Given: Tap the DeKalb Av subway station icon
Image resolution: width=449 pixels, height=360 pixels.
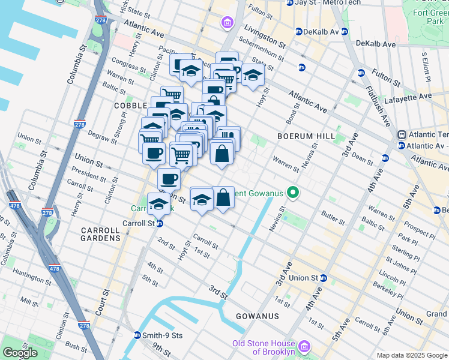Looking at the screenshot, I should coord(299,32).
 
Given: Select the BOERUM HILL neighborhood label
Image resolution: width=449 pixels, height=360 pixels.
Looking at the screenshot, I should coord(306,136).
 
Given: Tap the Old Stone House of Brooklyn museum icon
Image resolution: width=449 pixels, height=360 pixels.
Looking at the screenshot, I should coord(304,347).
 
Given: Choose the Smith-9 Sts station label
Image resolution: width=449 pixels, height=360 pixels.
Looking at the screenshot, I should coord(161,335).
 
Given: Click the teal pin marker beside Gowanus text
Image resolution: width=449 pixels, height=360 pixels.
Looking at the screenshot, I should coord(293,193).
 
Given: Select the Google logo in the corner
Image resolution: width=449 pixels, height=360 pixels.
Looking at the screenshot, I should coord(20,353).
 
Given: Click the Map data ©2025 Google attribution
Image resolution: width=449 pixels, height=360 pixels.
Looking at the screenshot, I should coord(411,355).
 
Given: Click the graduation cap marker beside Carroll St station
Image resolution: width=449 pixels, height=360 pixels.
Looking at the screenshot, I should coord(158,203).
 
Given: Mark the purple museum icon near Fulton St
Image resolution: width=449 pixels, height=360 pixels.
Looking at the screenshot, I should coord(228,23).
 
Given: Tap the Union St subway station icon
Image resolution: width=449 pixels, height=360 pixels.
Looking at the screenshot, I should coord(324,278).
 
